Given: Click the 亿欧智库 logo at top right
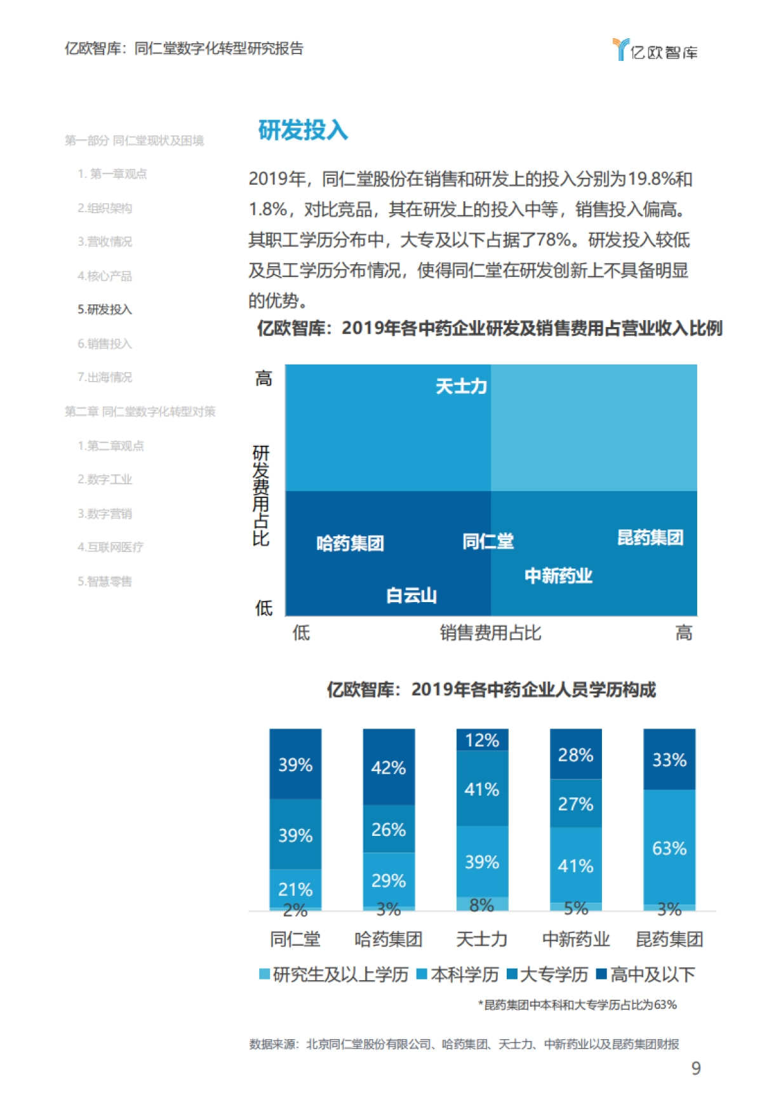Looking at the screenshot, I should (x=655, y=50).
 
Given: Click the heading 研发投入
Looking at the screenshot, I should (x=303, y=130).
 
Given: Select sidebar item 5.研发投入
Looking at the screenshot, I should (x=105, y=309).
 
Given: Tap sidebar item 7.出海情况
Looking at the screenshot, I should (x=105, y=377).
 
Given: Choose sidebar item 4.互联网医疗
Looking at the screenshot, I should (x=110, y=547).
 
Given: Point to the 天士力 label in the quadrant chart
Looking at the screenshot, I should (x=461, y=386).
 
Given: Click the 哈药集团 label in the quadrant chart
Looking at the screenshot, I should (x=350, y=543).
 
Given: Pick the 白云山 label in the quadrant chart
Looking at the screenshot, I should (x=411, y=595).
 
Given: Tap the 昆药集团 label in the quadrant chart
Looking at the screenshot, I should (x=650, y=538).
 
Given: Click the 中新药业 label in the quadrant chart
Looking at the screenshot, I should (x=558, y=576).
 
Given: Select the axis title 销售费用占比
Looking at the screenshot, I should (x=490, y=633).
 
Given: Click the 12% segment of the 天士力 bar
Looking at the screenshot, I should (x=482, y=740).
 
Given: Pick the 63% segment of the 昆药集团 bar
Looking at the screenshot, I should (x=669, y=847).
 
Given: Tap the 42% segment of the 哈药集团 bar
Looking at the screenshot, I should (x=389, y=767).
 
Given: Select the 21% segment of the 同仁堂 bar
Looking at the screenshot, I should (x=295, y=889).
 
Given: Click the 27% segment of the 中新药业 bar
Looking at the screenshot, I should (x=575, y=803).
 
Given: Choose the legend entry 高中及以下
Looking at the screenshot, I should (x=646, y=974).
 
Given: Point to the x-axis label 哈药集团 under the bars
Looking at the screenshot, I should (x=389, y=939).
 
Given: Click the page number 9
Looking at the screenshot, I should (x=696, y=1068).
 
